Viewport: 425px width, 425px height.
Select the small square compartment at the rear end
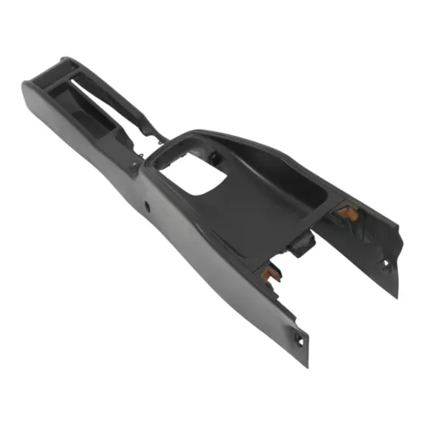point(65,88)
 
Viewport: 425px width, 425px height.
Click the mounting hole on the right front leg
point(384,263)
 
